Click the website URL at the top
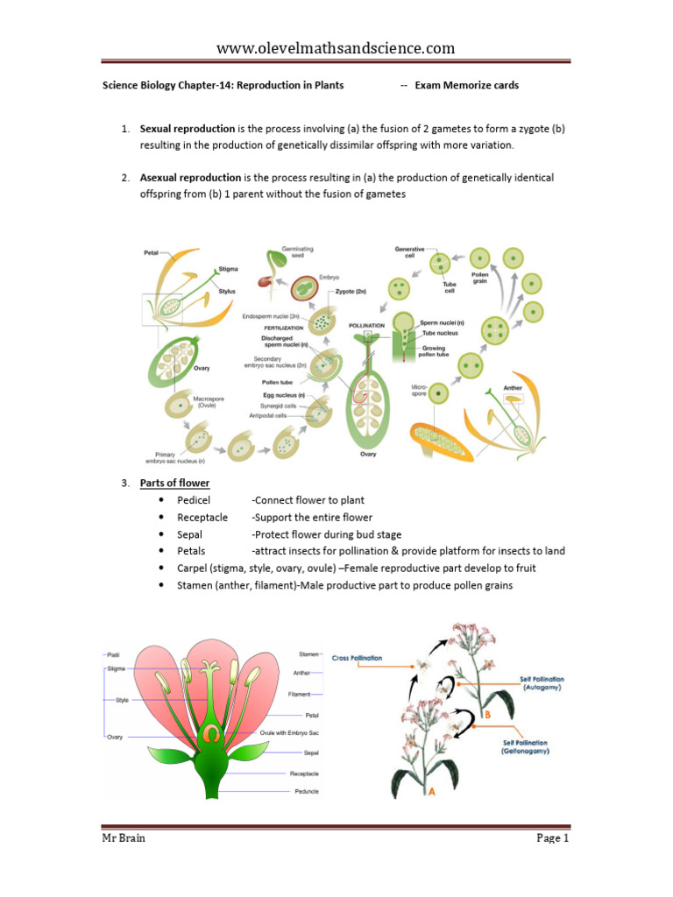pos(336,47)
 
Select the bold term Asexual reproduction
pos(190,178)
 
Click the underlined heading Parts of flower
pos(175,484)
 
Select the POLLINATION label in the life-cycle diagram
pos(366,325)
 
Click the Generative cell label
pos(409,253)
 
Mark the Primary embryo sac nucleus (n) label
pos(175,456)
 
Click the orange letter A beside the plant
pos(431,795)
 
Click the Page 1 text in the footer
pos(553,838)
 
